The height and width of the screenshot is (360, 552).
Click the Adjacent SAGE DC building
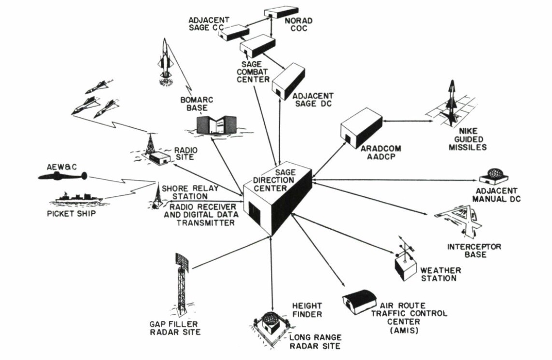[288, 82]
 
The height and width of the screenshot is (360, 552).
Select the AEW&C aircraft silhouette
[63, 177]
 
